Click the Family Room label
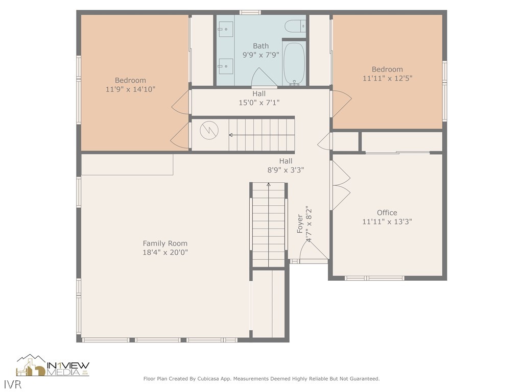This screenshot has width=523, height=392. click(165, 243)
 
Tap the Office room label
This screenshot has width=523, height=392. click(387, 213)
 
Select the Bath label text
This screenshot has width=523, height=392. click(260, 46)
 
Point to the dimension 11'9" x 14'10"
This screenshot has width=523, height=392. click(130, 89)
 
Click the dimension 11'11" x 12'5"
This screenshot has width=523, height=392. click(387, 78)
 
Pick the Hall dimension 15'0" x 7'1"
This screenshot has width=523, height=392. click(259, 103)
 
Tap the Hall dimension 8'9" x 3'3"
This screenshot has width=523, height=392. click(286, 170)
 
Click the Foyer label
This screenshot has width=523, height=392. click(300, 224)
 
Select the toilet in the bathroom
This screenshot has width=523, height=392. click(295, 26)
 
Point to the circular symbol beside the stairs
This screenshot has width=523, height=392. click(209, 130)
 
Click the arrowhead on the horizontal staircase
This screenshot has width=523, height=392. click(230, 135)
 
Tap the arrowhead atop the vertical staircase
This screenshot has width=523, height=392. click(269, 184)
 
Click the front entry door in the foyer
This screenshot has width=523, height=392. click(314, 250)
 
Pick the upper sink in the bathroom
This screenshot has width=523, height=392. click(225, 29)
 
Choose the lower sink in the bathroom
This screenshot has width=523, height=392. click(225, 66)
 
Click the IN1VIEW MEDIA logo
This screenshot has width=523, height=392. click(53, 365)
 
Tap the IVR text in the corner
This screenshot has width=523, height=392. click(13, 384)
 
